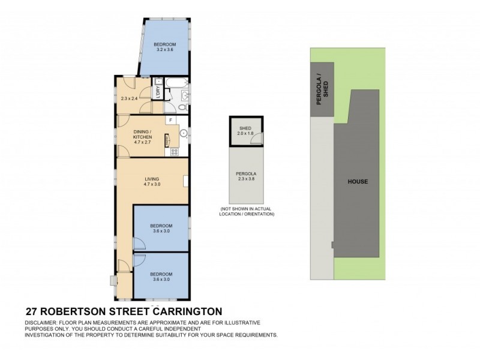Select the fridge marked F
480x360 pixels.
171,121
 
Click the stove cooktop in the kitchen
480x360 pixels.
174,151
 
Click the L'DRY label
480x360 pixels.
157,93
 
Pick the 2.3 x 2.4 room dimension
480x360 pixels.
129,98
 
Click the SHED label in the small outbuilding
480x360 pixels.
245,128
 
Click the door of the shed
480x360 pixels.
256,140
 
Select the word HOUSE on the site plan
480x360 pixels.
358,182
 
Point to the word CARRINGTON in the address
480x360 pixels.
187,311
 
